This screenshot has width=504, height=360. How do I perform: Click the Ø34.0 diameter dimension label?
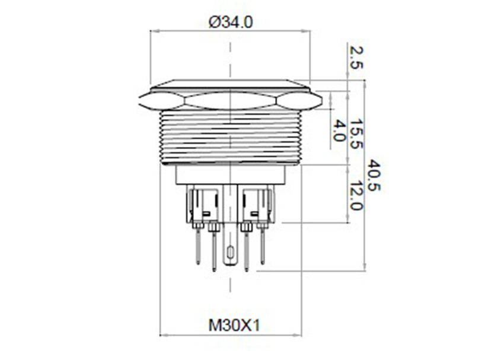click(231, 22)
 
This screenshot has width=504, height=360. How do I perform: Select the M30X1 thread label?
click(234, 325)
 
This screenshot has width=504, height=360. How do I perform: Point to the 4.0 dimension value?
click(338, 130)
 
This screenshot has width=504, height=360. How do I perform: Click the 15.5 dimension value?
click(356, 134)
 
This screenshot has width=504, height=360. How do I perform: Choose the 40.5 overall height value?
click(374, 174)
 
